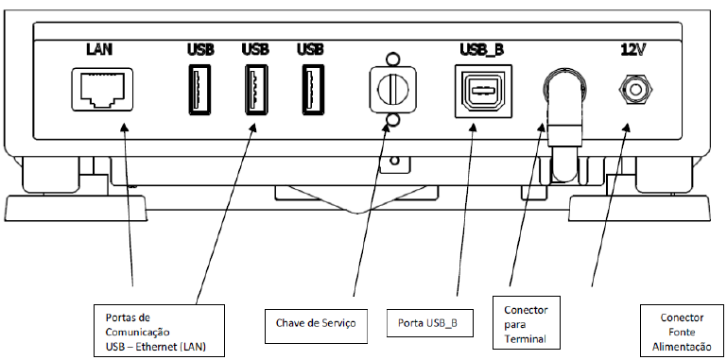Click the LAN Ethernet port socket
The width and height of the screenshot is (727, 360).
click(x=101, y=89)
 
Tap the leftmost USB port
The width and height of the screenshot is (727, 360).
click(x=199, y=90)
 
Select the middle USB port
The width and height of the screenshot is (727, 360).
click(x=256, y=90)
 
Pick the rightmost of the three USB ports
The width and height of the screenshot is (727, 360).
click(x=313, y=90)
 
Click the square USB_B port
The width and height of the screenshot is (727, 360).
click(x=484, y=90)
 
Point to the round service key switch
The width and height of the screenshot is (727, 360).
click(x=392, y=90)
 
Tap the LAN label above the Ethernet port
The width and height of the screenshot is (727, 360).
click(x=99, y=48)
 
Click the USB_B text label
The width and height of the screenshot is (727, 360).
click(x=482, y=49)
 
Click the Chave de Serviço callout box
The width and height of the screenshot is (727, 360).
click(x=316, y=326)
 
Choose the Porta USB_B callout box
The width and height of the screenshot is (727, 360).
click(x=430, y=322)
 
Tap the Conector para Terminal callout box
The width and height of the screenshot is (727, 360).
click(x=527, y=322)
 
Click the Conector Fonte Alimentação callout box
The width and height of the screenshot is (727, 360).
click(x=682, y=331)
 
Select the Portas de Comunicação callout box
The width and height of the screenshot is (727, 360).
click(x=159, y=331)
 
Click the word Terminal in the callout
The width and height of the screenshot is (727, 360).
click(x=526, y=338)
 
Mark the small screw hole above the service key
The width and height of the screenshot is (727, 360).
click(x=392, y=60)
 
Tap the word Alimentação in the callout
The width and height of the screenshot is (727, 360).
click(x=682, y=347)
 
